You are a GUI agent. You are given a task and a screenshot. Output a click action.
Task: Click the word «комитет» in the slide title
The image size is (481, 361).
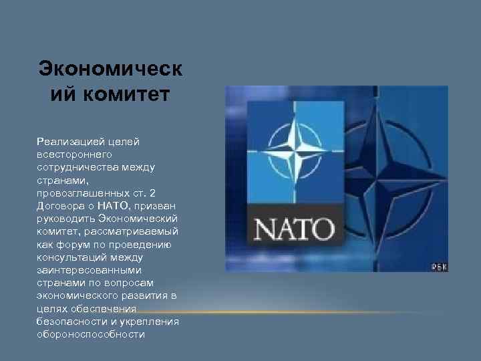[126, 94]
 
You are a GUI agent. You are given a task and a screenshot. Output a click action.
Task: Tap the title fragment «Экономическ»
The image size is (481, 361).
[110, 69]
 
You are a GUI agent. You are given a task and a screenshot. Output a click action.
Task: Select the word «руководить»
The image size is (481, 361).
[66, 217]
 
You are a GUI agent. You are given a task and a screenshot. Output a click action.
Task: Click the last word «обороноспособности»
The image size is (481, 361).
[91, 334]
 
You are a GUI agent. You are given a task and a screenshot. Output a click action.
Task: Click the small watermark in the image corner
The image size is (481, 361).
[439, 267]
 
